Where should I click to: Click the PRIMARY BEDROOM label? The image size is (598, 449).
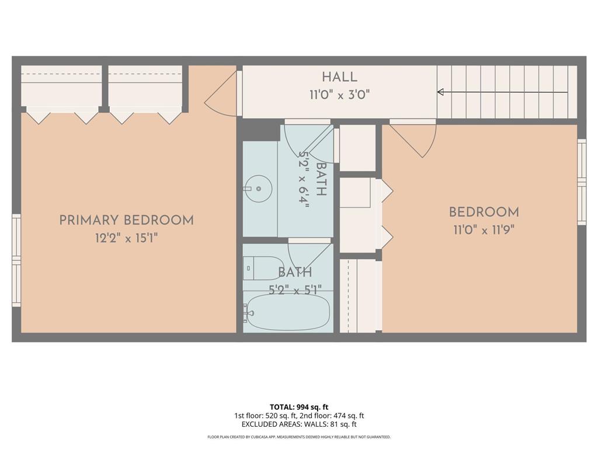[x=126, y=220]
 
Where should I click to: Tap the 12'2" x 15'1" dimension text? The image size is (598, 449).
[x=126, y=238]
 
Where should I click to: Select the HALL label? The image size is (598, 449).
[x=339, y=77]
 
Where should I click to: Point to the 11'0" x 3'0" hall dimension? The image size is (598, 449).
[x=339, y=94]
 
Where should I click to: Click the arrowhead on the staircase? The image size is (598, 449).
[x=440, y=92]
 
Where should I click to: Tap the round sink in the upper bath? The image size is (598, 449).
[x=258, y=188]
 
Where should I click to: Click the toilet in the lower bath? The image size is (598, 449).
[x=261, y=268]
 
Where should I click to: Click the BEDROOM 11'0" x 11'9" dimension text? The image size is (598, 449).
[x=484, y=230]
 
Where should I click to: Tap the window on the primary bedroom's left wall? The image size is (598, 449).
[x=16, y=260]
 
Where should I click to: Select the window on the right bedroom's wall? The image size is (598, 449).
[x=582, y=182]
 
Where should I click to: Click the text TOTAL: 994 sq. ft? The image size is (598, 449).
[x=299, y=407]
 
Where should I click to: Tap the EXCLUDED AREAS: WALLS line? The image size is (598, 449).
[x=299, y=424]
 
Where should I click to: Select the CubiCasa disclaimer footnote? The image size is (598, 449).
[x=299, y=437]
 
